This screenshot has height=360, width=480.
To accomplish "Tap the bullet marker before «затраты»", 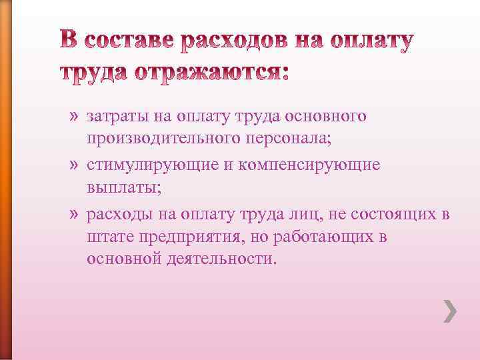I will coord(73,117).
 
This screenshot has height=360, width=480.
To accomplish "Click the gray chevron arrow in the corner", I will coord(450,311).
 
